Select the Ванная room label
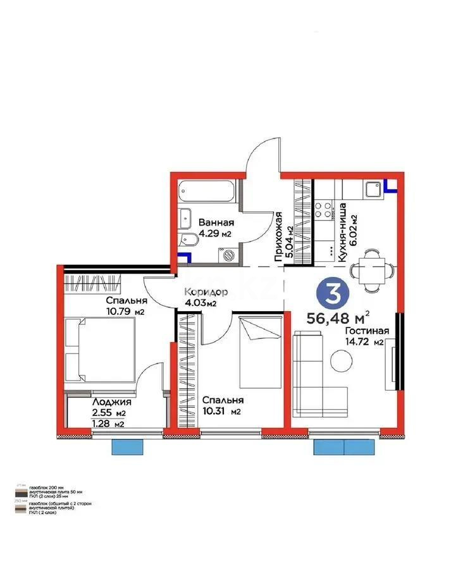[216, 223]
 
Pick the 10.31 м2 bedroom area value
[222, 412]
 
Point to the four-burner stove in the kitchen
[324, 209]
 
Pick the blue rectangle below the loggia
[128, 446]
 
